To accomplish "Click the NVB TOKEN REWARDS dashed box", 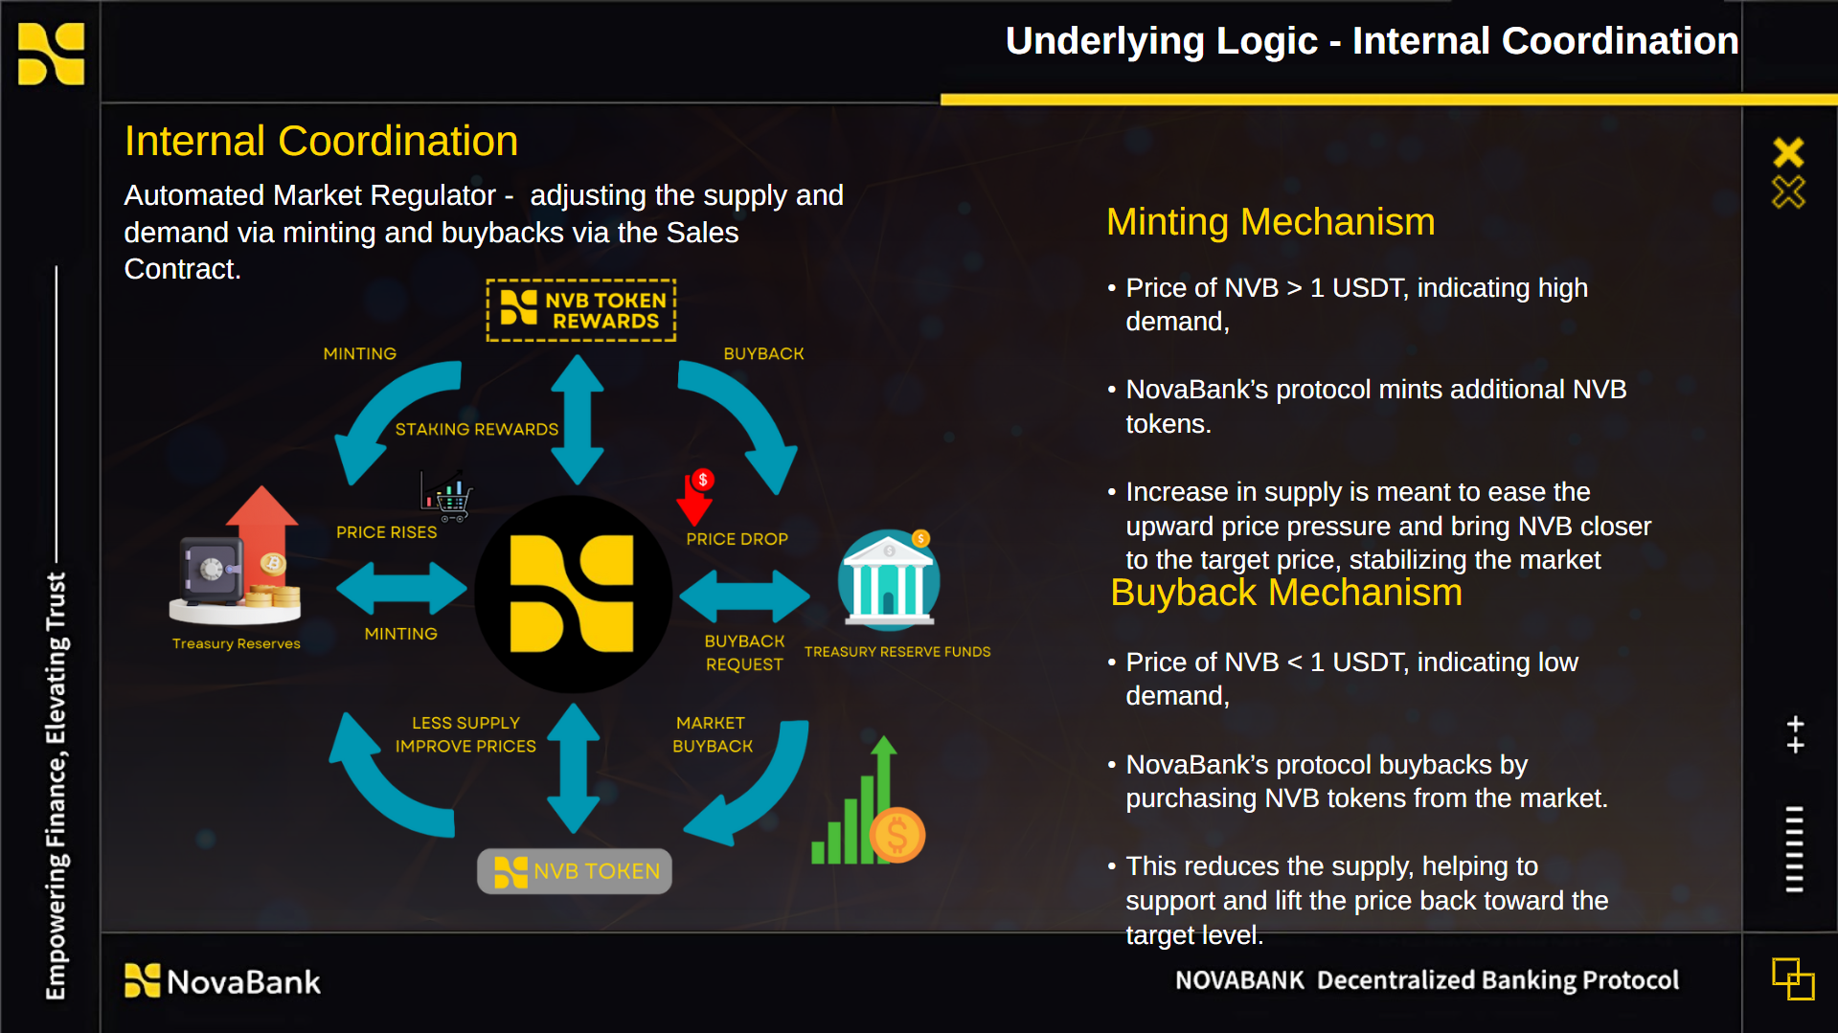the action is coord(580,310).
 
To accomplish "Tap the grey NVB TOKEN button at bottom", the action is coord(575,871).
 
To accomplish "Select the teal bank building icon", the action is coord(889,579).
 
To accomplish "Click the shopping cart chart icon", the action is coord(446,496).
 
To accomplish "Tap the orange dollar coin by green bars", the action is coord(896,835).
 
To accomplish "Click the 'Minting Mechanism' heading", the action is coord(1270,222).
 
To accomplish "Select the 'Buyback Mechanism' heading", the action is coord(1285,593).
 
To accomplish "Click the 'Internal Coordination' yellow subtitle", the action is coord(321,141).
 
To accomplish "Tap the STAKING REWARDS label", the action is coord(476,429).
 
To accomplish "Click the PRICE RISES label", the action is coord(386,532).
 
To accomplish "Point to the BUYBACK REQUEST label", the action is coord(744,653).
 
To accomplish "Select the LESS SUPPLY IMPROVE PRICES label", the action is coord(465,734).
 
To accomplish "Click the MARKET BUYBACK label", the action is coord(712,734).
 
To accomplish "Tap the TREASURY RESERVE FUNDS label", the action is coord(897,652).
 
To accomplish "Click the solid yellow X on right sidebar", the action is coord(1788,152).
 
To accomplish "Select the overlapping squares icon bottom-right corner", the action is coord(1793,978).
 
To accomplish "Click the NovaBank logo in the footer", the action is coord(223,981).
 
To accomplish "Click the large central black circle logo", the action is coord(573,594).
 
